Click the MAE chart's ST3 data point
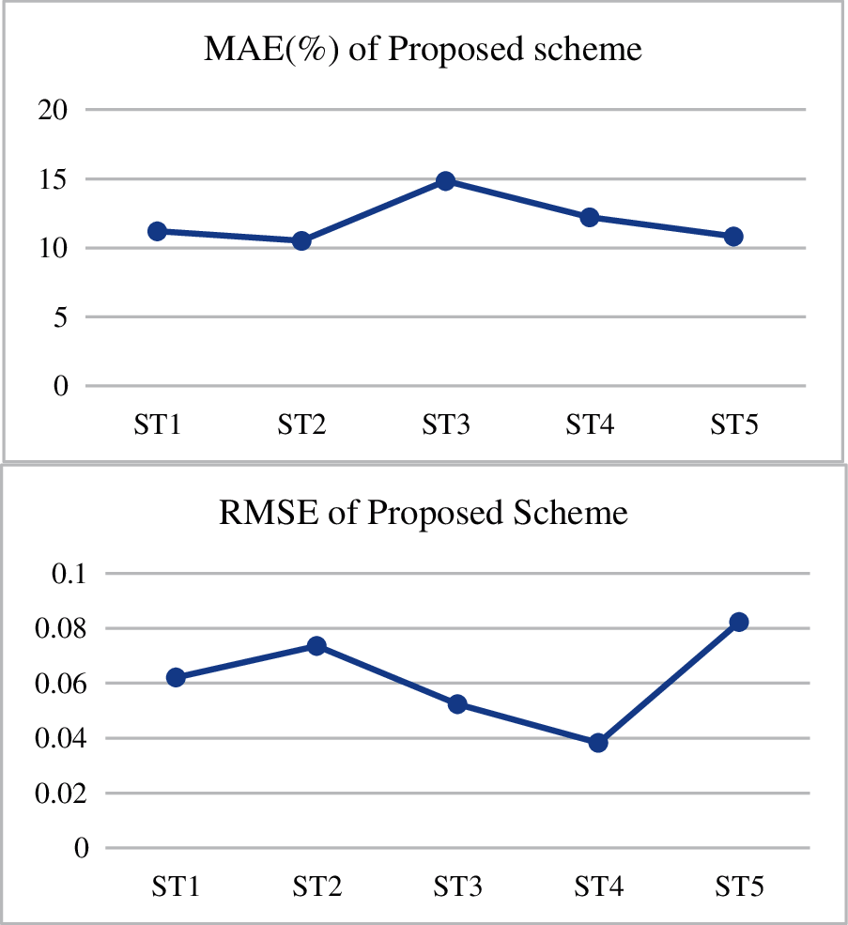tap(445, 181)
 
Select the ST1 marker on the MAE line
tap(158, 231)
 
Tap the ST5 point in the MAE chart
tap(733, 237)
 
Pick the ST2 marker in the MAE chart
tap(301, 240)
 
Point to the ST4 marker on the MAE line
tap(590, 217)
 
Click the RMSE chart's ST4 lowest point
tap(598, 743)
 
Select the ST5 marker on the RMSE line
tap(739, 622)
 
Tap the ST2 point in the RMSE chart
tap(316, 645)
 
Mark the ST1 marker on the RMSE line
tap(176, 677)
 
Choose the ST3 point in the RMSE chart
tap(457, 703)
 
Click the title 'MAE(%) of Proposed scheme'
tap(423, 48)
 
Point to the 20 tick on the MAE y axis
tap(53, 110)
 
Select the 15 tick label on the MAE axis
tap(53, 178)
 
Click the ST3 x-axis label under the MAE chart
tap(445, 425)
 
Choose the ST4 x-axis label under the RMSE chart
tap(598, 886)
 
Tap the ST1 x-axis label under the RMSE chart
tap(176, 886)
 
